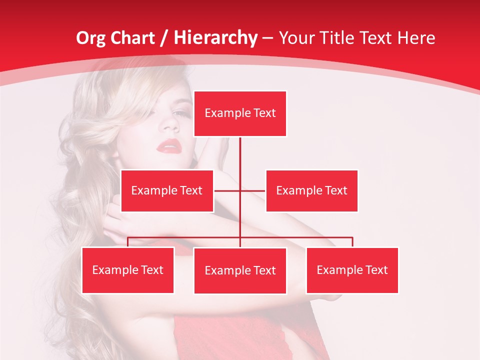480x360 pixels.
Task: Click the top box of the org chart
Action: point(240,113)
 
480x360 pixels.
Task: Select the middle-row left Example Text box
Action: point(167,190)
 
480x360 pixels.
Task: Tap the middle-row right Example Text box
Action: point(311,190)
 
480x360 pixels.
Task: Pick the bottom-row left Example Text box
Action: point(128,270)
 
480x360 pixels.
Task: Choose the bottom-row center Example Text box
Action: point(240,270)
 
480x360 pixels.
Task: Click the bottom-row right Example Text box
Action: point(352,270)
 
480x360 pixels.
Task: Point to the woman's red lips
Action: point(168,146)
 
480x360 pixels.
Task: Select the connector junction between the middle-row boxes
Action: point(240,190)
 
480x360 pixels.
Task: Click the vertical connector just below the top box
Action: point(240,150)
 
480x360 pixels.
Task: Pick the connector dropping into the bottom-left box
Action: point(128,242)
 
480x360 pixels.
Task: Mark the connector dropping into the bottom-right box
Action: point(352,242)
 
